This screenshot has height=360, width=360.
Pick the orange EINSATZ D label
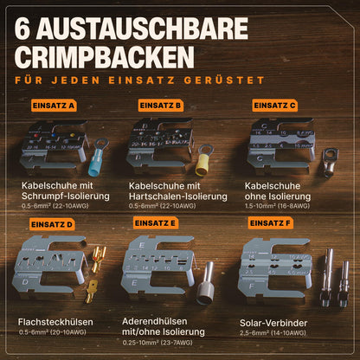click(x=52, y=224)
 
